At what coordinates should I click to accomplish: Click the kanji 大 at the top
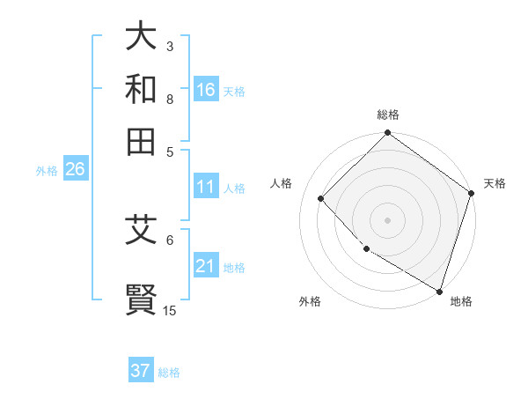(x=142, y=36)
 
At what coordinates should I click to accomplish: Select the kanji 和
(x=142, y=88)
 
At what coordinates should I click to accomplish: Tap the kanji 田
(x=142, y=140)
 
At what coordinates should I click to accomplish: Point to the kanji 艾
(x=142, y=231)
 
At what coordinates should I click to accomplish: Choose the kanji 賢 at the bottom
(x=142, y=298)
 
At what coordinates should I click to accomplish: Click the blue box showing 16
(x=206, y=90)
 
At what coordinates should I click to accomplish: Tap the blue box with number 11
(x=206, y=188)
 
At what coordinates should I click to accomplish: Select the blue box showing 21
(x=206, y=267)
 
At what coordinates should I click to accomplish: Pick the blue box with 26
(x=75, y=170)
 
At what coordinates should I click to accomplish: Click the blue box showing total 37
(x=141, y=371)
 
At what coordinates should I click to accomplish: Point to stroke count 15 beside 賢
(x=170, y=310)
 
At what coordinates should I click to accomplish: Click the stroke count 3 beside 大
(x=170, y=46)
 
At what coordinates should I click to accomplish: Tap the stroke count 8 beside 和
(x=170, y=99)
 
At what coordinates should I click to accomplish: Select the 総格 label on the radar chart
(x=388, y=115)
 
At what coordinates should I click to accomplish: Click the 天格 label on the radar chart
(x=495, y=183)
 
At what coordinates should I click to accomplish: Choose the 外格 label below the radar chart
(x=310, y=302)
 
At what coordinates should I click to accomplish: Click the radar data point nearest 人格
(x=321, y=198)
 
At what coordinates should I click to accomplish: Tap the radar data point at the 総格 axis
(x=387, y=134)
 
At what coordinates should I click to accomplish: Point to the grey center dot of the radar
(x=387, y=219)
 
